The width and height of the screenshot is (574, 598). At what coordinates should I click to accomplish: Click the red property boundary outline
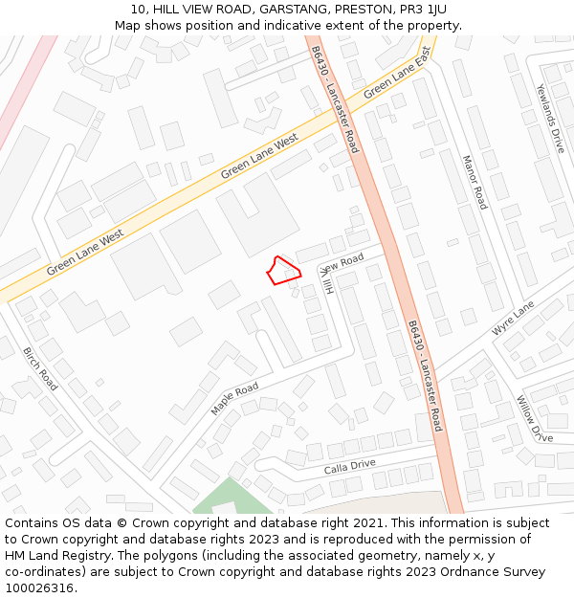point(283,270)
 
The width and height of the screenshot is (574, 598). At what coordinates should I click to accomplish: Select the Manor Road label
point(475,182)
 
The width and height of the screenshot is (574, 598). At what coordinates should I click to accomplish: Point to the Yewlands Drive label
point(550,119)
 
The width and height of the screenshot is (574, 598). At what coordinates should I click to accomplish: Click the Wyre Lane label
point(513,318)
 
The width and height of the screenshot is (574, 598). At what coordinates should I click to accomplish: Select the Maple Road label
point(234,398)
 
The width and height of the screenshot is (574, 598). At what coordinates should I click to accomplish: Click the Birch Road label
point(40,368)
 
